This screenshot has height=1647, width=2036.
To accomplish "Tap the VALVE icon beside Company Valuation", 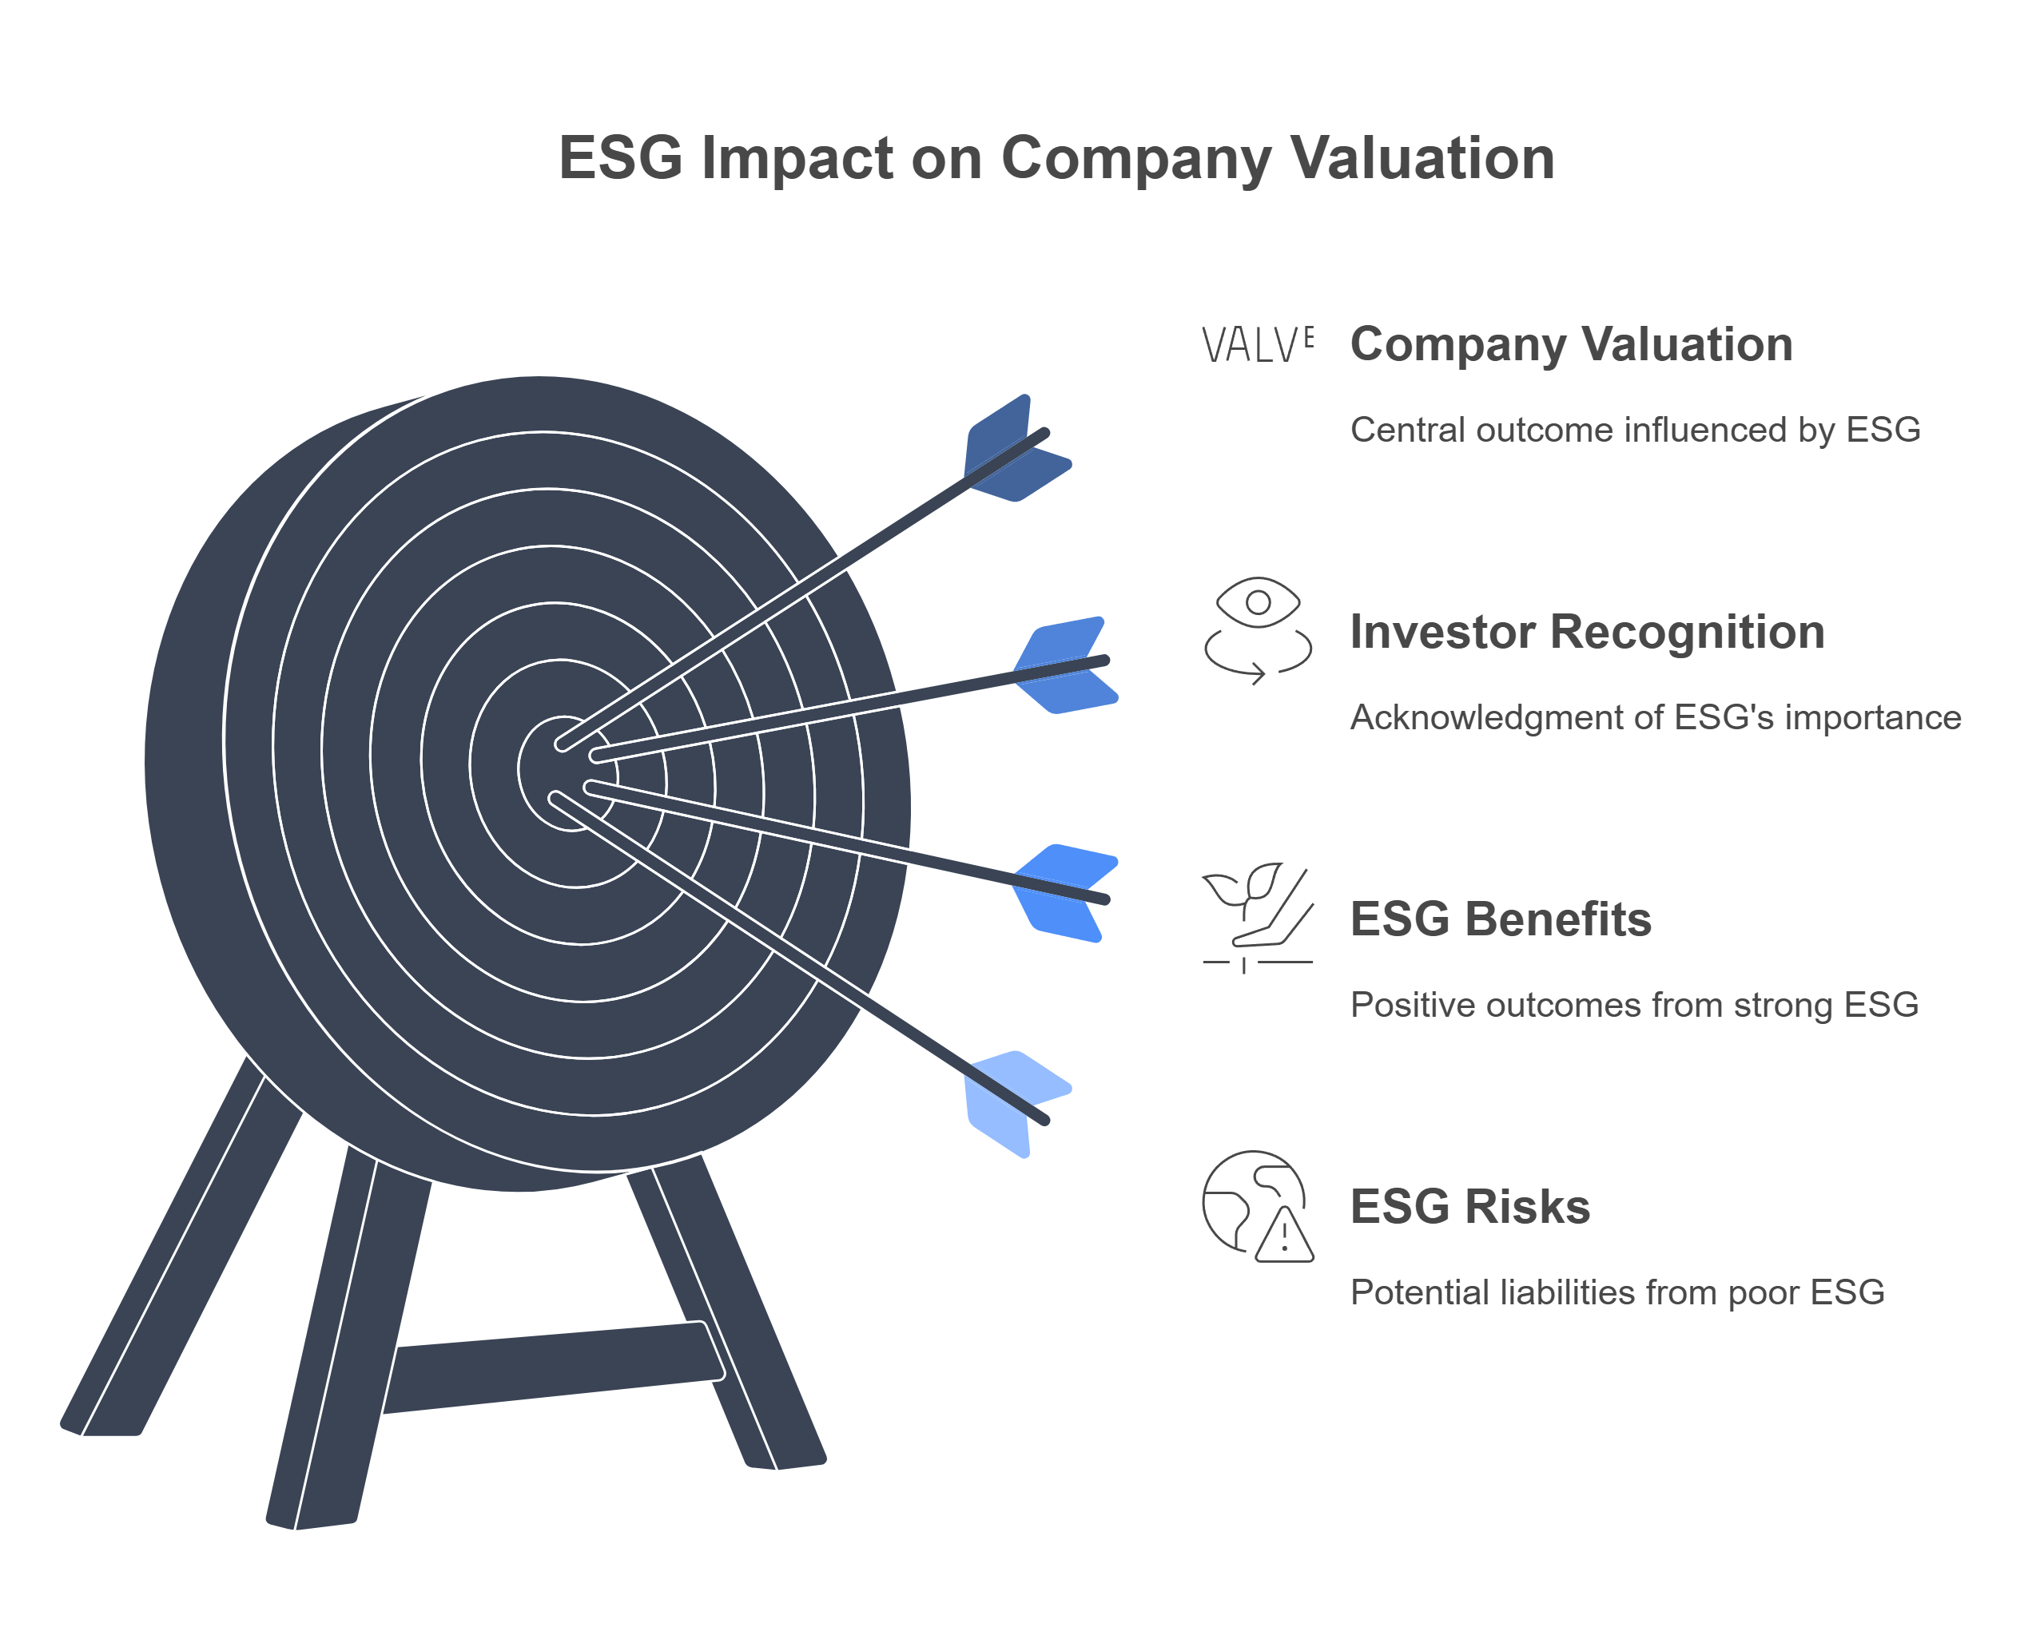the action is pyautogui.click(x=1258, y=344).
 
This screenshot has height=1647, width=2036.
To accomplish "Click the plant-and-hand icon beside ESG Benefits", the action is pyautogui.click(x=1258, y=919).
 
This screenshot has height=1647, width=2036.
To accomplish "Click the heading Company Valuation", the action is pyautogui.click(x=1572, y=344).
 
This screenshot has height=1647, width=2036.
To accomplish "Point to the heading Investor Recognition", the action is pyautogui.click(x=1588, y=632).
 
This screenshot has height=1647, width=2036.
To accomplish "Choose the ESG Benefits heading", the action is pyautogui.click(x=1501, y=919).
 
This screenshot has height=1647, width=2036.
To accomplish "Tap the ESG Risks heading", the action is pyautogui.click(x=1470, y=1207).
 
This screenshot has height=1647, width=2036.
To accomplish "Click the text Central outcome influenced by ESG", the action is pyautogui.click(x=1636, y=430).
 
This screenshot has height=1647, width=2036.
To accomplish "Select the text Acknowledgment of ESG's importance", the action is pyautogui.click(x=1656, y=717).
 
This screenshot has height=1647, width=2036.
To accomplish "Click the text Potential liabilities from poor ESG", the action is pyautogui.click(x=1617, y=1292).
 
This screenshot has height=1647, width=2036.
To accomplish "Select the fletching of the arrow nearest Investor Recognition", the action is pyautogui.click(x=1065, y=664).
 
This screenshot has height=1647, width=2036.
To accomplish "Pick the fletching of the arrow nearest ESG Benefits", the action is pyautogui.click(x=1065, y=893).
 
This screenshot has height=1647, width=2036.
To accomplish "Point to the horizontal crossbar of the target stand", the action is pyautogui.click(x=554, y=1367).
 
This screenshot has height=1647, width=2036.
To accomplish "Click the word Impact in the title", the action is pyautogui.click(x=797, y=158).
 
